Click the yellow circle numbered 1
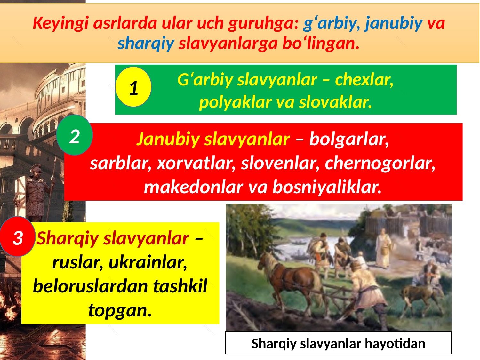coord(133,87)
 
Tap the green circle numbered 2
coord(75,136)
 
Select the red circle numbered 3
coord(18,237)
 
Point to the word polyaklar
coord(236,102)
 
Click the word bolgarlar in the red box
coord(349,139)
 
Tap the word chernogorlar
coord(380,163)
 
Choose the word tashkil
coord(180,286)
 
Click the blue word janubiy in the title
coord(394,23)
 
